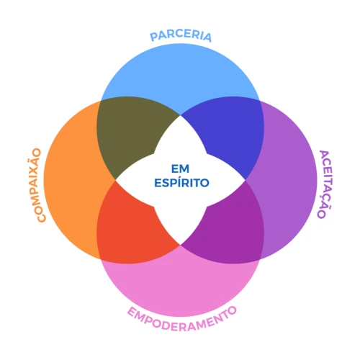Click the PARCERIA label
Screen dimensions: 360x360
pos(181,35)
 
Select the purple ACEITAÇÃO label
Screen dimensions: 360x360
pos(325,184)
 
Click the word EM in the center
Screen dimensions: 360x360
pos(180,168)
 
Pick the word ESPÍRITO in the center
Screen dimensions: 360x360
pos(181,183)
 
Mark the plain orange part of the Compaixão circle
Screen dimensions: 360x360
pos(72,180)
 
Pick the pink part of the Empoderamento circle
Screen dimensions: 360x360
pos(180,288)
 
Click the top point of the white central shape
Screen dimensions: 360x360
pos(180,115)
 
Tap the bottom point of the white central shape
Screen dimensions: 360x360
pos(180,245)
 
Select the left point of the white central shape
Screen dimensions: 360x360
pos(116,180)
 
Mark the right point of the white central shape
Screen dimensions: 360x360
pos(246,180)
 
